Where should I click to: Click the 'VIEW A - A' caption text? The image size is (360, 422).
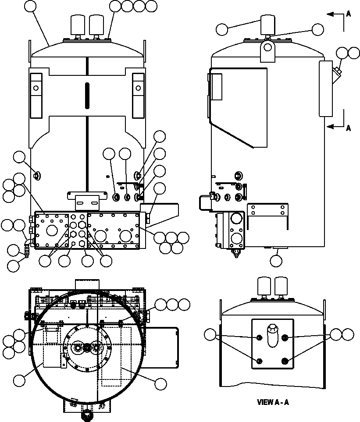pyautogui.click(x=273, y=402)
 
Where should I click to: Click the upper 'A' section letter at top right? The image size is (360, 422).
pyautogui.click(x=348, y=14)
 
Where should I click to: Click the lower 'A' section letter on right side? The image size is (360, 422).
pyautogui.click(x=348, y=128)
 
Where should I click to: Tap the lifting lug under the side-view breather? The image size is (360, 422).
pyautogui.click(x=267, y=52)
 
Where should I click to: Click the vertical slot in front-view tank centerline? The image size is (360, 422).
pyautogui.click(x=87, y=95)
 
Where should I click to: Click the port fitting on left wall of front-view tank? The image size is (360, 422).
pyautogui.click(x=36, y=176)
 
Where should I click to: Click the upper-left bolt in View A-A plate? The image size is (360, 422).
pyautogui.click(x=259, y=337)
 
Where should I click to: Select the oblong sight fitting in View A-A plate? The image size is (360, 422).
pyautogui.click(x=273, y=336)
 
